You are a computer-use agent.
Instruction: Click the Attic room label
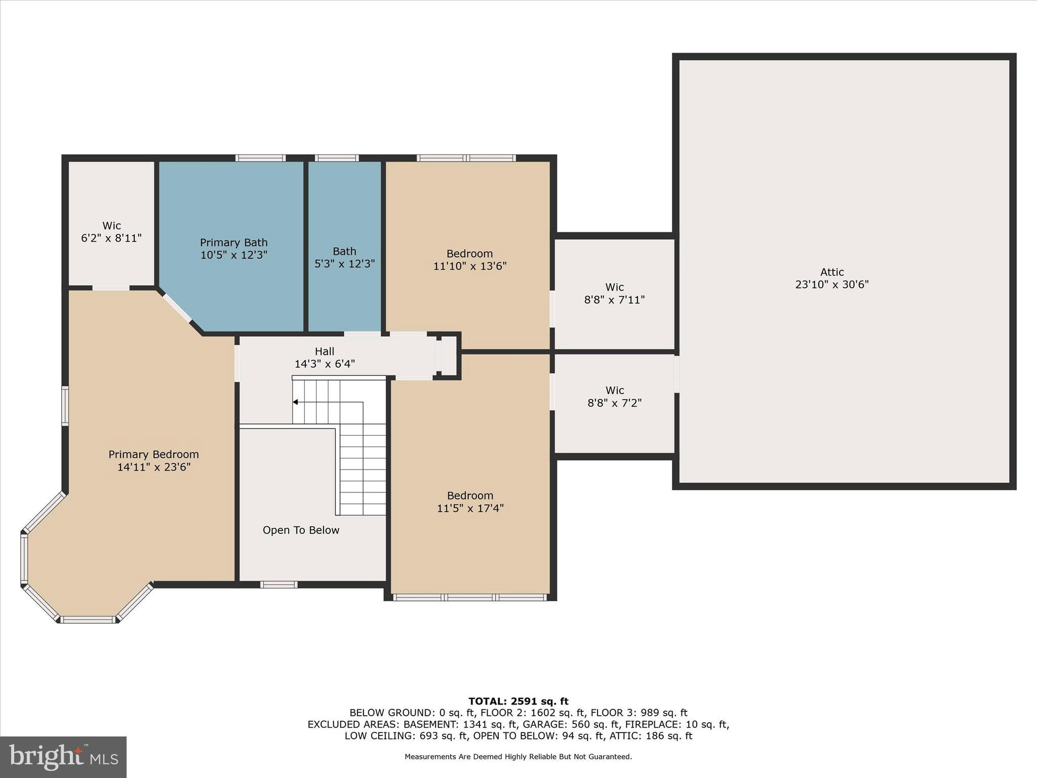coord(831,272)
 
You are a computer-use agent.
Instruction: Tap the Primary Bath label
coord(233,243)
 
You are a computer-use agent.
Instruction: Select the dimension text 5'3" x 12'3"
coord(344,264)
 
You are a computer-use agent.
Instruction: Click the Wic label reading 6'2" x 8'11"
coord(111,232)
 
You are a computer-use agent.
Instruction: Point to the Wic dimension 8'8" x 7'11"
coord(614,300)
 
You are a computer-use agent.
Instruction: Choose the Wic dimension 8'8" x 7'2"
coord(614,403)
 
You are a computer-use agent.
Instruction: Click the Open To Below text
coord(301,530)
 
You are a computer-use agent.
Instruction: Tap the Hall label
coord(325,351)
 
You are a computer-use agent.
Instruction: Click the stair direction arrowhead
coord(295,402)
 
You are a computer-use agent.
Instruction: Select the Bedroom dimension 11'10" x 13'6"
coord(469,266)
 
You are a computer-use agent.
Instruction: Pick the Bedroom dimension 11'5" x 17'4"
coord(470,508)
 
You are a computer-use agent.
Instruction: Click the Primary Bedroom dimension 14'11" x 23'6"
coord(153,467)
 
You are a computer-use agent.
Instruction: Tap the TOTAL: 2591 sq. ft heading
coord(518,701)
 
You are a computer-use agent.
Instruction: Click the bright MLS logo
coord(63,757)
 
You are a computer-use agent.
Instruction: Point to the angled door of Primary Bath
coord(177,308)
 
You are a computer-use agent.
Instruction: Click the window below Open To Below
coord(278,585)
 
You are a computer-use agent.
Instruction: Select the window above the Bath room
coord(336,158)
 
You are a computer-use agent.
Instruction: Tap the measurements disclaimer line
coord(518,757)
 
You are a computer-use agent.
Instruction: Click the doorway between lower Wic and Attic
coord(676,374)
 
